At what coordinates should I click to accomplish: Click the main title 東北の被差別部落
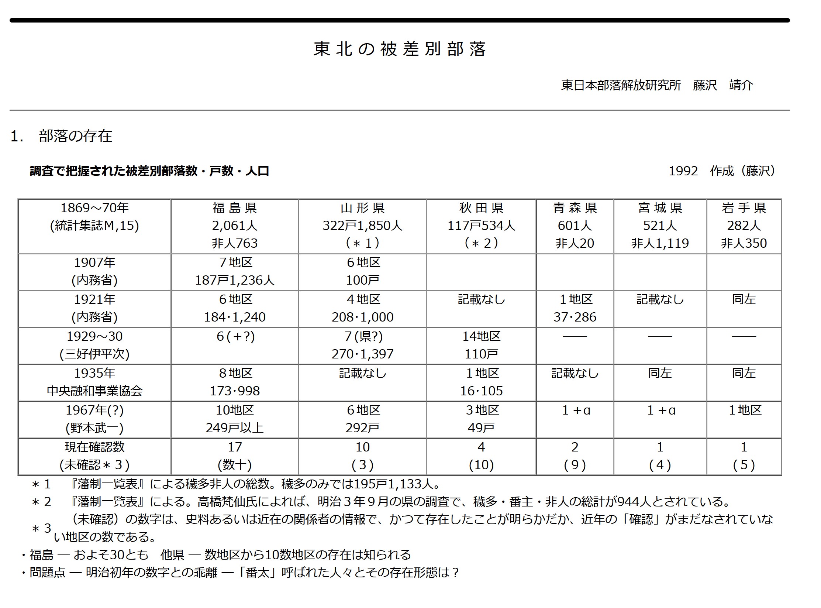tap(399, 49)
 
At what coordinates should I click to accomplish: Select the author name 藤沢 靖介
tap(723, 85)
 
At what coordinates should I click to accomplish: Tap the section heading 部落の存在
tap(75, 136)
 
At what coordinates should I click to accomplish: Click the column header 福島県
tap(235, 208)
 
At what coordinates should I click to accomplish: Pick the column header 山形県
tap(362, 208)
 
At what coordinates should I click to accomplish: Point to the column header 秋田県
tap(481, 208)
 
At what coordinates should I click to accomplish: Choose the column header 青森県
tap(575, 208)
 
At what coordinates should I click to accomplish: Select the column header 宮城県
tap(660, 208)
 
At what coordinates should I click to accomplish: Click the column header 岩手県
tap(744, 208)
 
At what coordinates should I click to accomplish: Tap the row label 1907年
tap(94, 262)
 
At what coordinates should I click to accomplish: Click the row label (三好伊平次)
tap(94, 354)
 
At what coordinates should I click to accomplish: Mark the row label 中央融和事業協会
tap(94, 391)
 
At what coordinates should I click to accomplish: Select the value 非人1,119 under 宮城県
tap(660, 243)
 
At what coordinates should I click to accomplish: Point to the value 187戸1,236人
tap(235, 280)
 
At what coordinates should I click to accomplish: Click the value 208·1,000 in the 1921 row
tap(362, 317)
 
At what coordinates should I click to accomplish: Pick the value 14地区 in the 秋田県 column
tap(481, 336)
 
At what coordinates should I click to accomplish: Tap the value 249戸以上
tap(235, 428)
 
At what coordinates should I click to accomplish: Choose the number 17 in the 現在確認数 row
tap(235, 447)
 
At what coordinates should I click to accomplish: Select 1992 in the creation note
tap(683, 171)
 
